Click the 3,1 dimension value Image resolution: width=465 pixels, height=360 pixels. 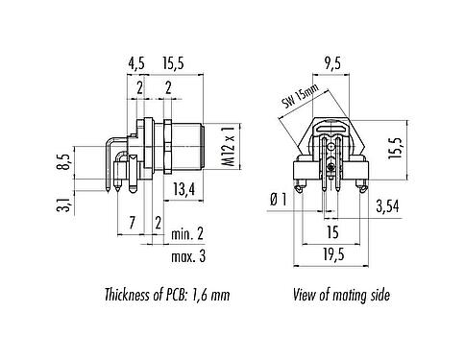[64, 204]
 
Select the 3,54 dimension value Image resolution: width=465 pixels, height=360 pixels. [389, 204]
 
